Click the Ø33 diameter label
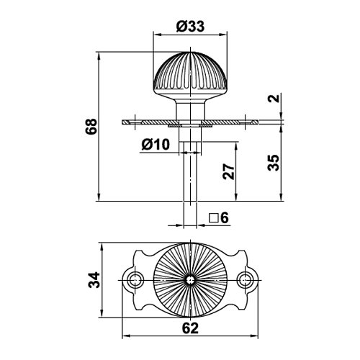pyautogui.click(x=190, y=27)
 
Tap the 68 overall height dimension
pyautogui.click(x=91, y=127)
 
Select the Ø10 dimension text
pyautogui.click(x=156, y=144)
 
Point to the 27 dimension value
pyautogui.click(x=228, y=171)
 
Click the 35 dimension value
pyautogui.click(x=274, y=163)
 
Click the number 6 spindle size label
pyautogui.click(x=225, y=218)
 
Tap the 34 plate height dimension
pyautogui.click(x=94, y=280)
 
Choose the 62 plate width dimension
pyautogui.click(x=190, y=328)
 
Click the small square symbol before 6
pyautogui.click(x=213, y=218)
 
